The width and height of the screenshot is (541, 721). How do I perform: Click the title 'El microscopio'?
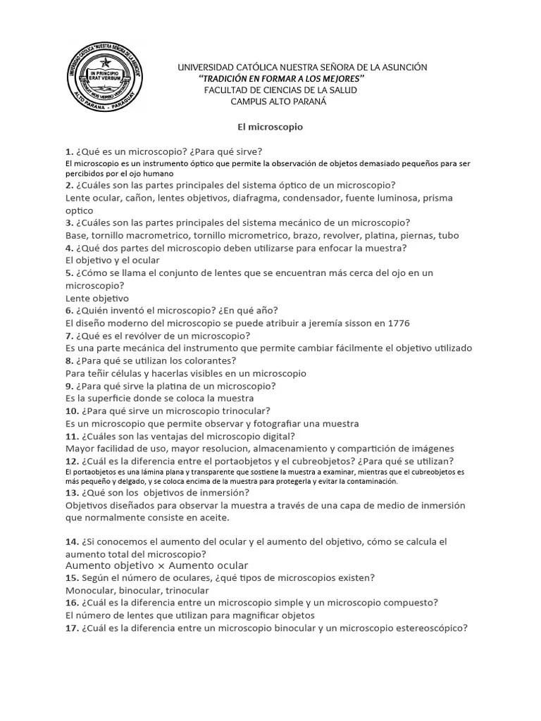[x=268, y=127]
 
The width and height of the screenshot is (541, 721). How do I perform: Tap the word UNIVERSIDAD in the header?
[x=205, y=67]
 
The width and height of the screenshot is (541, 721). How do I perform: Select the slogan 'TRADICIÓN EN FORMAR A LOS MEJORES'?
[x=281, y=78]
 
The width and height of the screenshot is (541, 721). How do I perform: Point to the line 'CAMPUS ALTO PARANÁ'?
[x=279, y=101]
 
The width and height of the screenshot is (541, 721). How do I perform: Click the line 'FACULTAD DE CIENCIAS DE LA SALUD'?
[x=280, y=90]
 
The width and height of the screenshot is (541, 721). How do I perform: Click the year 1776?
[x=398, y=322]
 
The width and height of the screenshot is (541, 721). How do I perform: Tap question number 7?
[x=69, y=335]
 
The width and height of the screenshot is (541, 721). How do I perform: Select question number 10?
[x=72, y=410]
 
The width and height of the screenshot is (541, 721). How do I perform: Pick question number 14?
[x=72, y=541]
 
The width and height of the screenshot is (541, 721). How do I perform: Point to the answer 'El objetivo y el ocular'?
[x=113, y=260]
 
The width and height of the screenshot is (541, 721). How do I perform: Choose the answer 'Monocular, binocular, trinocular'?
[x=137, y=590]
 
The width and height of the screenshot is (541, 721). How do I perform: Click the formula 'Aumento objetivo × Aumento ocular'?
[x=156, y=565]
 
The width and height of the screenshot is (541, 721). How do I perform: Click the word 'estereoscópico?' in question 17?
[x=430, y=628]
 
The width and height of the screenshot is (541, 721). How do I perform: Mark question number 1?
[x=69, y=151]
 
